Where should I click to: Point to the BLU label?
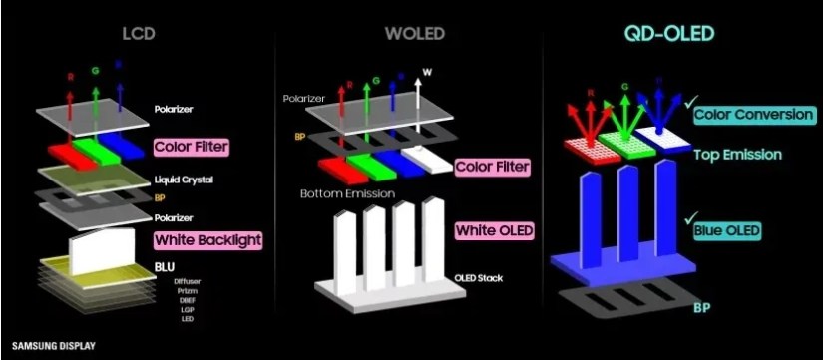(x=166, y=267)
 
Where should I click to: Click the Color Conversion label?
(x=754, y=115)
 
